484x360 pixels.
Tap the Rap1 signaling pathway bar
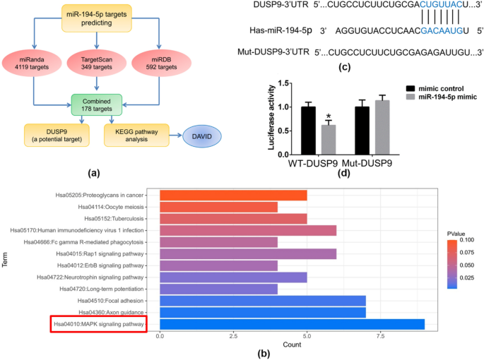coord(248,253)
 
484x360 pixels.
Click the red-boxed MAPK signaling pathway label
coord(99,325)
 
